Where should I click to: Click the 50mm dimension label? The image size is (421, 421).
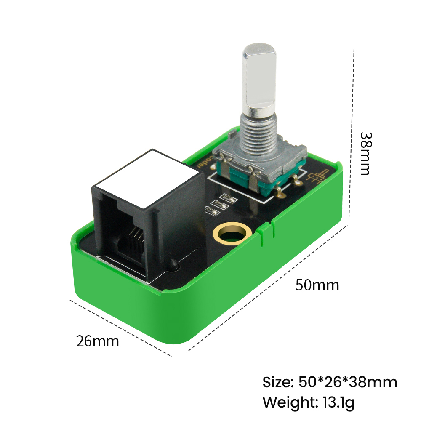(x=317, y=285)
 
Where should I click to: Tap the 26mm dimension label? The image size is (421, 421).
(x=97, y=341)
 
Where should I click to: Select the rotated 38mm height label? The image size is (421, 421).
(x=365, y=154)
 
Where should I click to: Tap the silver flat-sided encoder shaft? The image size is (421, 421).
(x=259, y=80)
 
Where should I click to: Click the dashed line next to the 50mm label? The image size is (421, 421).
(x=269, y=286)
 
